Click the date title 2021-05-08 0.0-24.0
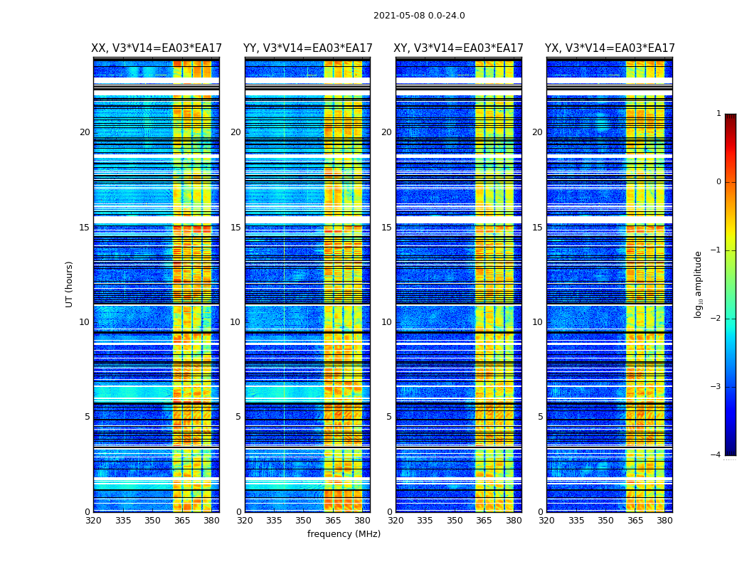(x=419, y=16)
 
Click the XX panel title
(x=157, y=48)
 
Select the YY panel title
(x=307, y=48)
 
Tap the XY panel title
(x=459, y=48)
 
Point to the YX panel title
(x=610, y=48)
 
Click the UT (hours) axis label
(x=70, y=284)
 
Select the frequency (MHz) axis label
(x=344, y=534)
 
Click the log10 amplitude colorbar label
(x=699, y=284)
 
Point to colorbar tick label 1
(x=719, y=114)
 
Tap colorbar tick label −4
(x=716, y=455)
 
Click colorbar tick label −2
(x=716, y=319)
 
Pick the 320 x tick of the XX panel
(x=93, y=521)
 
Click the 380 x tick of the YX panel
(x=664, y=521)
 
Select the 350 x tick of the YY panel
(x=304, y=521)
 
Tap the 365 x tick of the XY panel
(x=484, y=521)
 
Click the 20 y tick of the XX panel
(x=85, y=132)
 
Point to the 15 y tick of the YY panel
(x=235, y=228)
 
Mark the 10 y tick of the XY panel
(x=386, y=322)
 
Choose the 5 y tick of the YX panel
(x=540, y=417)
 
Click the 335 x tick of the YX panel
(x=576, y=521)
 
